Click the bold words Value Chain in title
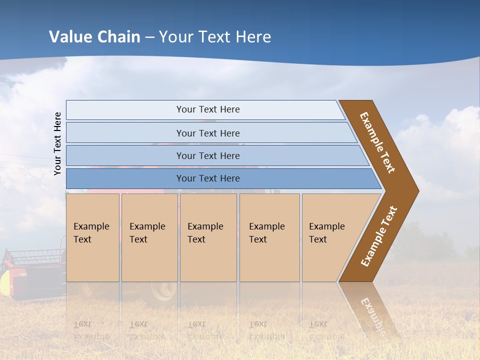point(94,37)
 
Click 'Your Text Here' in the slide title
point(215,37)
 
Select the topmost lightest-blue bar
point(207,109)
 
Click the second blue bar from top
point(207,133)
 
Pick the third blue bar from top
point(207,155)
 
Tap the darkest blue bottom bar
point(207,178)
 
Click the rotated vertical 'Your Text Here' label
point(57,143)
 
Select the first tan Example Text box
point(92,237)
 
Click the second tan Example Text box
point(149,237)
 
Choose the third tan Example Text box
point(208,237)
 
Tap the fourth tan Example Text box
point(269,237)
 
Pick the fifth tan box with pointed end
point(330,237)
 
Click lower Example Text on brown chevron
point(378,236)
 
